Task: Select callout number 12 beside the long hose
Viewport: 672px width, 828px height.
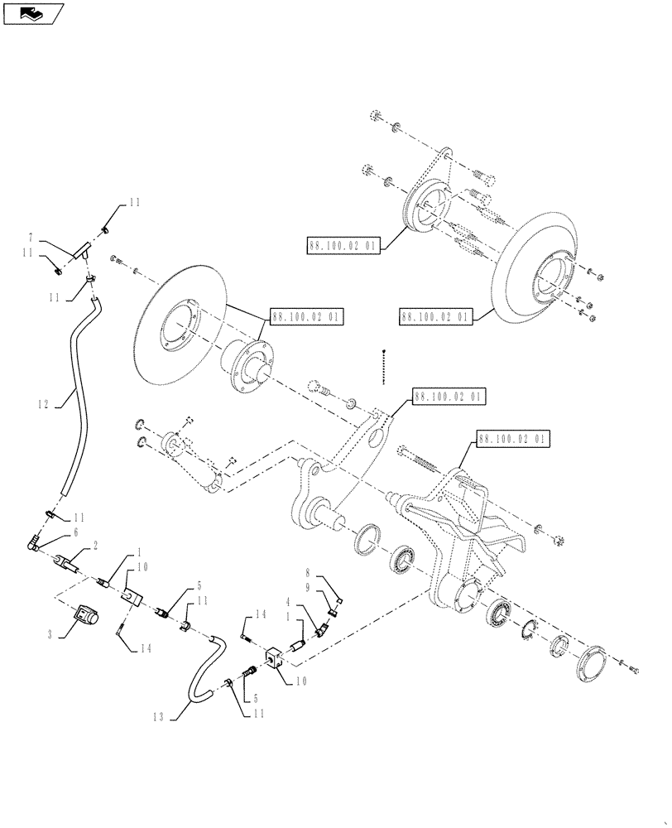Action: [x=43, y=405]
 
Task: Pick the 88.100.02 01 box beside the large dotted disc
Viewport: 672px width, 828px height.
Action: [x=434, y=316]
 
